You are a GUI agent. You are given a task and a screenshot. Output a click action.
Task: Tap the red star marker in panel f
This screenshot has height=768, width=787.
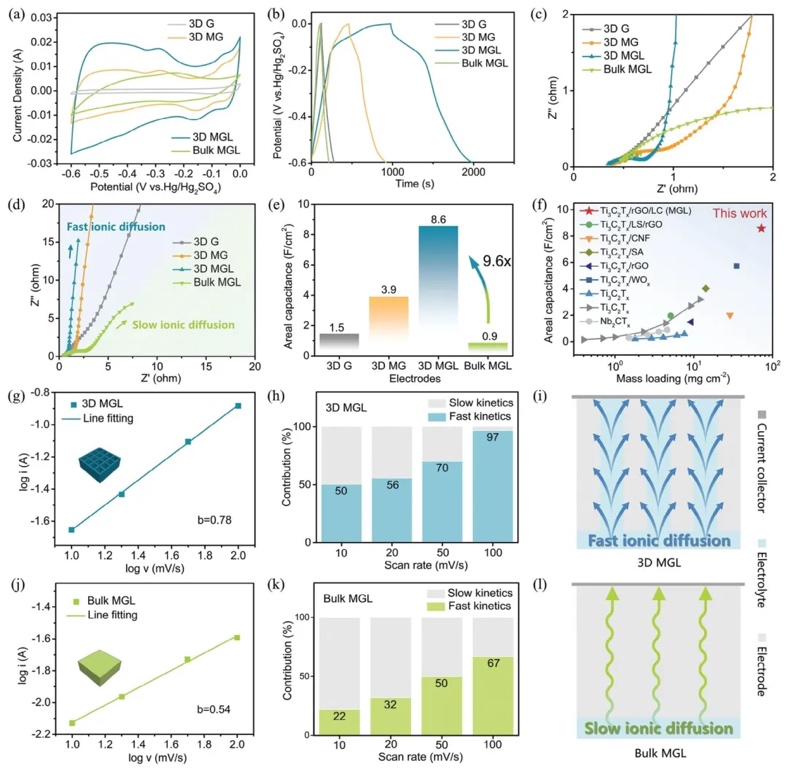tap(762, 228)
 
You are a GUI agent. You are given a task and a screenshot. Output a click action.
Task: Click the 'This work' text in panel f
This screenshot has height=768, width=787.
tap(737, 212)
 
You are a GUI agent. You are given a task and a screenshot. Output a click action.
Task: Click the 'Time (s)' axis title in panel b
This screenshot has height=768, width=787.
tap(414, 186)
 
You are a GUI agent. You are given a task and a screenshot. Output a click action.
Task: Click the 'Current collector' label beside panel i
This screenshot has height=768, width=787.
tap(761, 471)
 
